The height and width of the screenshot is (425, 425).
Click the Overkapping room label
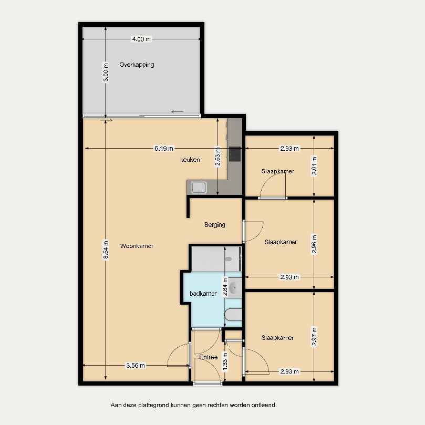point(137,65)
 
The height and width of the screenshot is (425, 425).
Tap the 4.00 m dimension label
point(141,39)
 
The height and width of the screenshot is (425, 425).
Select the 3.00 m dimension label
point(106,72)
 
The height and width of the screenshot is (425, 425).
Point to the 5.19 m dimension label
point(164,149)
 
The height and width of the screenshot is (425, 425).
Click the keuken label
point(190,160)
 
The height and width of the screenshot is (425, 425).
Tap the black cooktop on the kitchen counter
point(235,154)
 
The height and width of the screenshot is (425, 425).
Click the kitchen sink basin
point(199,188)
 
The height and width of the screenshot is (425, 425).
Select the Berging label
point(215,225)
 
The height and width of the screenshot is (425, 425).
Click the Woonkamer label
point(137,246)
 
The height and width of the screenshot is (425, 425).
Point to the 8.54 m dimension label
point(106,250)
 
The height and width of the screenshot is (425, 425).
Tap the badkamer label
point(203,294)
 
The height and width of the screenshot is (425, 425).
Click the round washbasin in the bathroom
point(234,287)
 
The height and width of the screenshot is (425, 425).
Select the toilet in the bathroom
point(233,315)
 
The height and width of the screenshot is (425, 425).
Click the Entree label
point(209,357)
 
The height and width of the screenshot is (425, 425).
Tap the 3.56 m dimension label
point(136,365)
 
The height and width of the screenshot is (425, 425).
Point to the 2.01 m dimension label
point(314,166)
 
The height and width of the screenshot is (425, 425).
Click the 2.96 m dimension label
point(314,244)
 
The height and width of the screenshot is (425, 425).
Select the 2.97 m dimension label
point(314,337)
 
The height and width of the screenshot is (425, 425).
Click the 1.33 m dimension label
point(225,361)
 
